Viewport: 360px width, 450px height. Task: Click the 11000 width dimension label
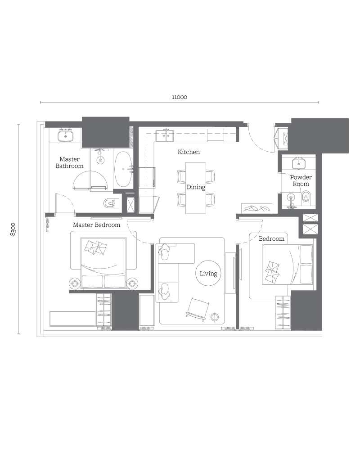click(179, 97)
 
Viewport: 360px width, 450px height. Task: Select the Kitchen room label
click(189, 152)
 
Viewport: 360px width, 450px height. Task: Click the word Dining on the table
click(196, 187)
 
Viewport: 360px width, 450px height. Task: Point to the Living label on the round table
click(208, 273)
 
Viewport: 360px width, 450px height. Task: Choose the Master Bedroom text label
click(96, 225)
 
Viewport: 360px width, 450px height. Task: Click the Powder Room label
click(301, 180)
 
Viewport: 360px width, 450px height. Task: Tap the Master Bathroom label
click(70, 162)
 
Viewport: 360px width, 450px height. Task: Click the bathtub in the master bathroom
click(123, 169)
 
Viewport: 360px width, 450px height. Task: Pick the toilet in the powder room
click(306, 197)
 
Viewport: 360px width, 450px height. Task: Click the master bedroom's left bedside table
click(75, 283)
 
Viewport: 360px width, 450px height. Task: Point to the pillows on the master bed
click(97, 247)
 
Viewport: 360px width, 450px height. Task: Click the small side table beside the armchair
click(215, 317)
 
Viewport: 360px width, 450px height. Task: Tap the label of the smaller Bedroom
click(271, 238)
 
